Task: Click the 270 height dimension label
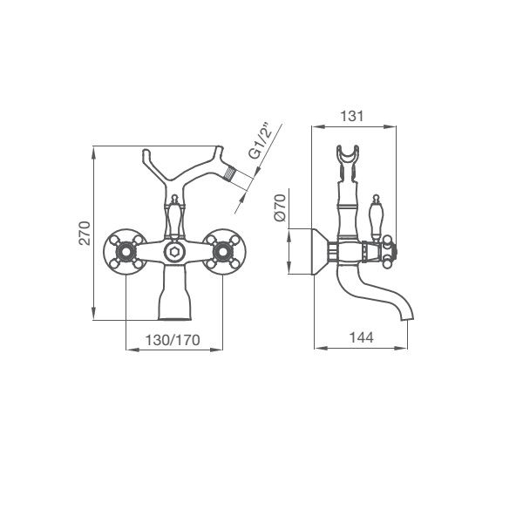85,233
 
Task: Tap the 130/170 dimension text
173,340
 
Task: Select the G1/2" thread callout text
261,142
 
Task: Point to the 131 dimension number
352,116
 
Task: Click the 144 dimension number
361,337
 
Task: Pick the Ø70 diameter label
280,207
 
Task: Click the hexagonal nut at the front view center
173,252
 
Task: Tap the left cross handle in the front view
125,252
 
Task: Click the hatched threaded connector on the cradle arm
230,175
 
